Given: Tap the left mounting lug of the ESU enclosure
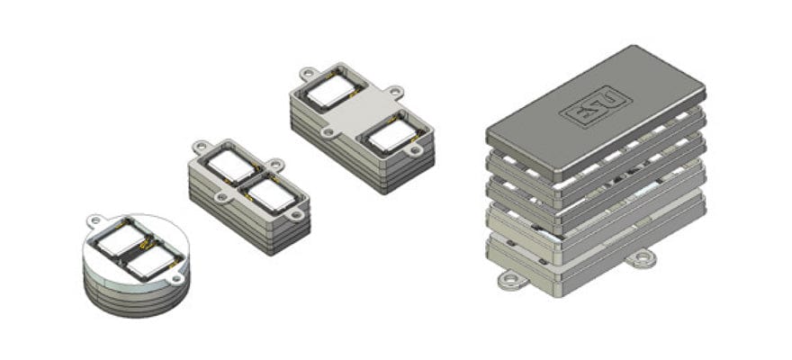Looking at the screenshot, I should click(x=509, y=279).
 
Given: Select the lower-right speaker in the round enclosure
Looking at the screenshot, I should click(x=148, y=263).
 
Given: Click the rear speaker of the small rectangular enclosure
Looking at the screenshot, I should click(x=231, y=164).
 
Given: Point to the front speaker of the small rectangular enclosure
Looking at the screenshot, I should click(x=267, y=191).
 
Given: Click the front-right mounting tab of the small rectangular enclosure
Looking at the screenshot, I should click(x=295, y=214).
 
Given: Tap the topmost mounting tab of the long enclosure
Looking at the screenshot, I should click(x=308, y=71).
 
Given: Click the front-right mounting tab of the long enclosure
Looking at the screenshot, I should click(x=414, y=150).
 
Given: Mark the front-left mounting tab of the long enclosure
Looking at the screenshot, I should click(x=328, y=131).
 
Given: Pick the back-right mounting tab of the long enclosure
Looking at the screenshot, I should click(x=393, y=91).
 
